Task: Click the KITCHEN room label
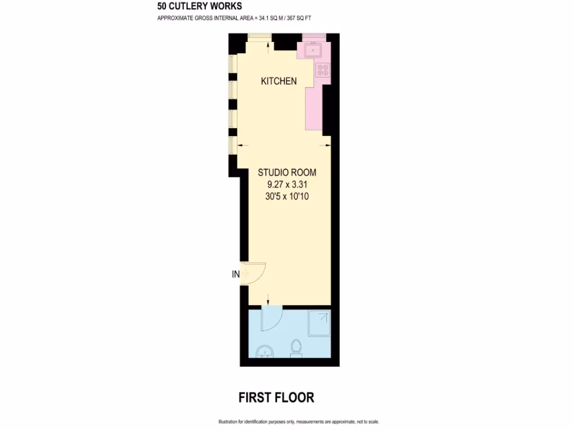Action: point(279,81)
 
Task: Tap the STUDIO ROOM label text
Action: point(286,172)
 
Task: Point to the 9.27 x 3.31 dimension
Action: point(287,184)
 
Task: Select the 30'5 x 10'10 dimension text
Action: point(287,197)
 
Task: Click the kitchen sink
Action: point(312,51)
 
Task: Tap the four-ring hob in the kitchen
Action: point(323,70)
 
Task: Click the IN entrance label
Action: point(235,274)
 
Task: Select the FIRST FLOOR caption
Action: point(276,398)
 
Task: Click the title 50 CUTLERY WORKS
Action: point(200,7)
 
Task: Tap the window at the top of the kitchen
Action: point(260,37)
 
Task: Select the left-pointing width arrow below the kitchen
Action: point(242,145)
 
